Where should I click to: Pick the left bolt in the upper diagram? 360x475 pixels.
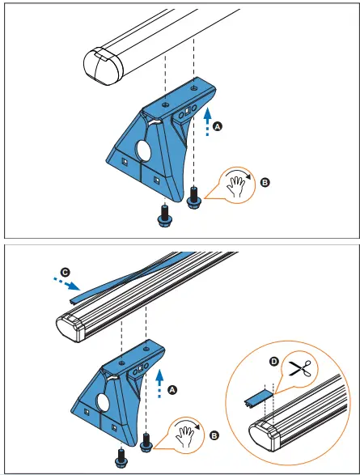coord(164,214)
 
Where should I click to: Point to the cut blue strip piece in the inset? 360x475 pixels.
coord(257,396)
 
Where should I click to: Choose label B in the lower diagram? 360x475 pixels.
coord(214,435)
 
